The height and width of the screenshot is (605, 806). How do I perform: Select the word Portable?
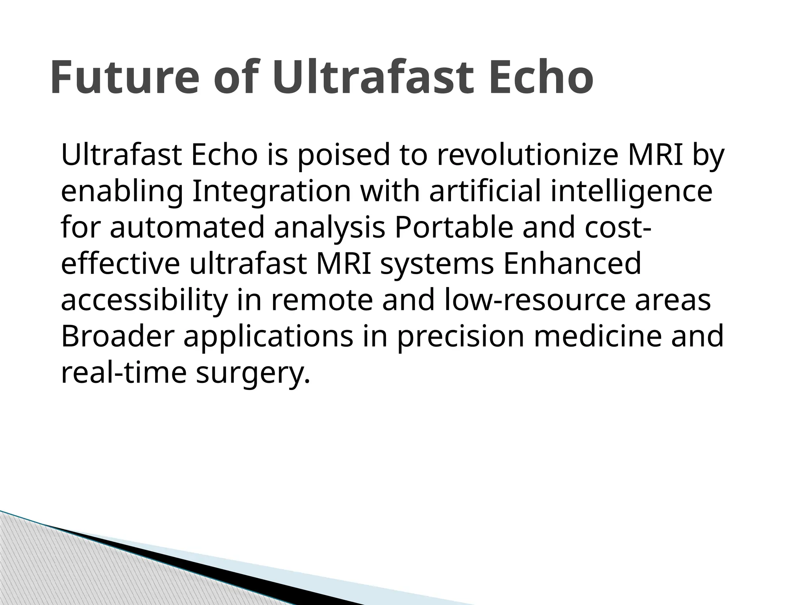pyautogui.click(x=454, y=228)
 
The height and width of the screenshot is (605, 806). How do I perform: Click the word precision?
pyautogui.click(x=461, y=337)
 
